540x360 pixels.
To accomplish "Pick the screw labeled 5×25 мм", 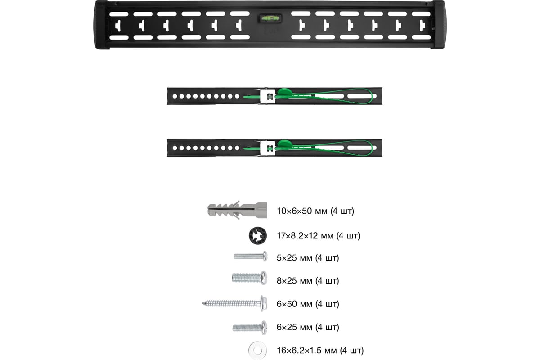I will pos(250,256).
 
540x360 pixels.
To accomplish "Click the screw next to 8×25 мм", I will pos(249,278).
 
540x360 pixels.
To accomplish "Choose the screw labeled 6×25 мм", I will pos(249,327).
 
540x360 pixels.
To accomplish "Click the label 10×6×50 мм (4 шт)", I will pos(315,211).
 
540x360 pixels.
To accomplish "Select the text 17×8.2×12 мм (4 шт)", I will pos(318,235).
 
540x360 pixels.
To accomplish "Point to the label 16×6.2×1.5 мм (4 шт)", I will pos(320,350).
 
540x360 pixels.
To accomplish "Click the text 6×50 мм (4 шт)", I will pos(308,304).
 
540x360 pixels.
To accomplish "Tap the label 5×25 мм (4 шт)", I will pos(308,258).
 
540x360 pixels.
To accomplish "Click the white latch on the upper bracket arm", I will pos(267,96).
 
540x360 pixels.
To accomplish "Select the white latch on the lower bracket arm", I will pos(267,148).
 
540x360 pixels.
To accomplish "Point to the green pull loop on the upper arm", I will pos(342,96).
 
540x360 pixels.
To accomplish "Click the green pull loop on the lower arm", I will pos(342,147).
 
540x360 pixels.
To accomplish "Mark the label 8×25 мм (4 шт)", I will pos(308,281).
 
